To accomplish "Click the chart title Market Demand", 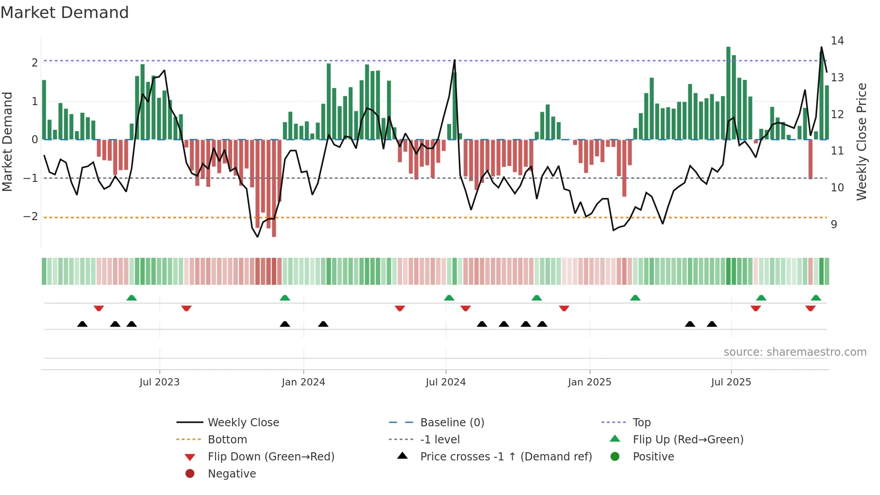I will coord(65,13).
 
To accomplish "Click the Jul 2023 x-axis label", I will coord(159,382).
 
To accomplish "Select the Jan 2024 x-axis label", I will coord(303,382).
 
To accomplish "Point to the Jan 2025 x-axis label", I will coord(589,382).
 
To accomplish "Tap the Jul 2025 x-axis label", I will coord(731,382).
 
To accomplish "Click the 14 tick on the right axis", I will coord(837,41).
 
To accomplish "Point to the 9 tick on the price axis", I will coord(834,224).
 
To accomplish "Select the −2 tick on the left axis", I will coord(31,217).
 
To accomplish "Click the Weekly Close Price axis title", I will coord(861,141).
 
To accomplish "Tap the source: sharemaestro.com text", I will coord(795,352).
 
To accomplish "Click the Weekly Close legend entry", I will coord(243,423).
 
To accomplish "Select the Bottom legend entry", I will coord(227,440).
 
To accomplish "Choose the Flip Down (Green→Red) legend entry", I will coord(271,457).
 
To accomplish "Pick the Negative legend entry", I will coord(232,474).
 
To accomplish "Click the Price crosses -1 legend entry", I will coord(506,457).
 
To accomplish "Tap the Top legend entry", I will coord(641,423).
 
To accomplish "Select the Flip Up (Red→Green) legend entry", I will coord(688,440).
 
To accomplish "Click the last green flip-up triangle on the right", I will coord(816,298).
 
